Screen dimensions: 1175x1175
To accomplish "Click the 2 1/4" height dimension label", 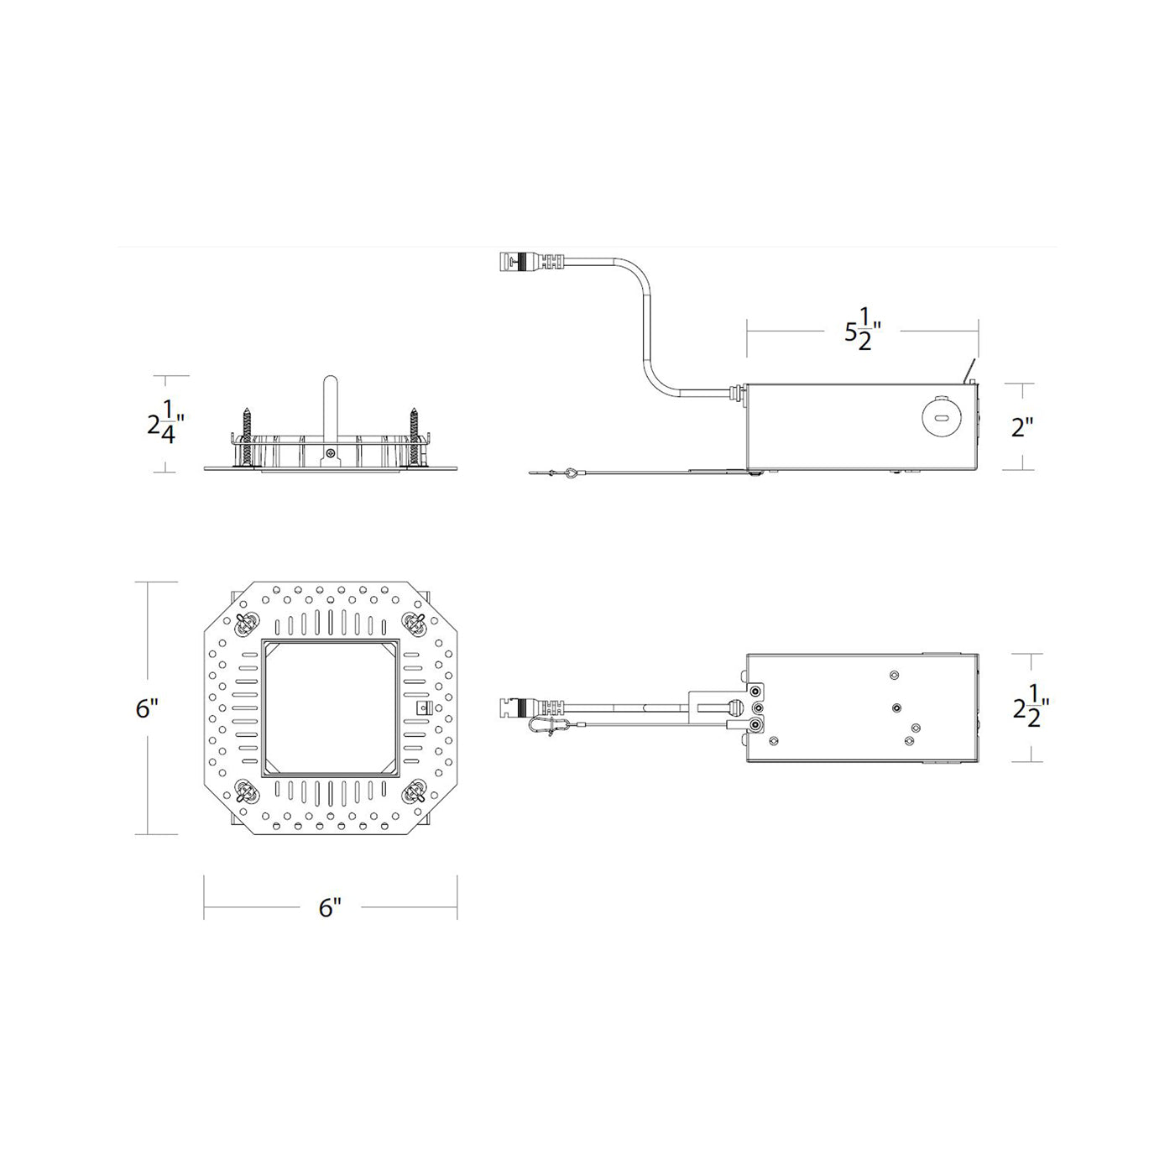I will [x=162, y=422].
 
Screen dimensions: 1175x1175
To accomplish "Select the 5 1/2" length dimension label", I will [x=861, y=331].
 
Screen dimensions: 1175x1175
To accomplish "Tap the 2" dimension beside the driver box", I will [x=1021, y=427].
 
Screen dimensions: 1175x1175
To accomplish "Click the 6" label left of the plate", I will [x=147, y=708].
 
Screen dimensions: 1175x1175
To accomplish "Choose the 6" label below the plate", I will [x=330, y=907].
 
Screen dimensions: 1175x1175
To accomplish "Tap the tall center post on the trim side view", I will [x=331, y=407].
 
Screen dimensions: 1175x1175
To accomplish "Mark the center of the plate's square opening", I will [x=331, y=708].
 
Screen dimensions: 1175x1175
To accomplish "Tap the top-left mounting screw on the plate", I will [x=246, y=623].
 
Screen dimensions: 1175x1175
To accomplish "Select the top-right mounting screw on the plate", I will [x=415, y=622].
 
